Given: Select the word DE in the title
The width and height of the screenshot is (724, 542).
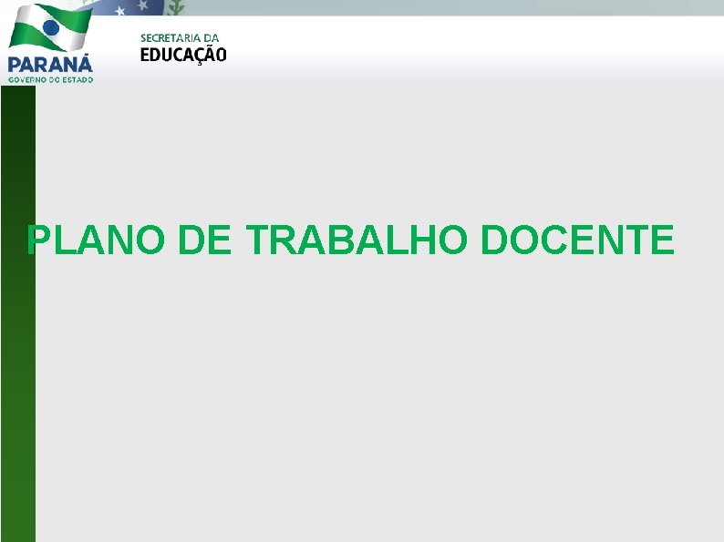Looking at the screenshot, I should click(x=207, y=240).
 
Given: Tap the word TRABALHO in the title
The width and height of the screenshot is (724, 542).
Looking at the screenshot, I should click(x=357, y=240).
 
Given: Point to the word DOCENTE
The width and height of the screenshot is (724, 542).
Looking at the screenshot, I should click(x=576, y=240).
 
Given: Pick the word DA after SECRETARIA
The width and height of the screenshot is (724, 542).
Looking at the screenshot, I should click(x=211, y=37).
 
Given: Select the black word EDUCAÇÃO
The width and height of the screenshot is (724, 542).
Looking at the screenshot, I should click(x=183, y=55).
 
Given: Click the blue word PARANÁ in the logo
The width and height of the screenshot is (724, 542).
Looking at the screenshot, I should click(x=50, y=64).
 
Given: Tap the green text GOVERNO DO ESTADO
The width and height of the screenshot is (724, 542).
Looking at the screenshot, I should click(x=50, y=79).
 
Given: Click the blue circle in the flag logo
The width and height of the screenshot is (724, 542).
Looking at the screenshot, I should click(x=51, y=28).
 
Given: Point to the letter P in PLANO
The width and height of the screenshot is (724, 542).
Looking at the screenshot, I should click(x=39, y=240).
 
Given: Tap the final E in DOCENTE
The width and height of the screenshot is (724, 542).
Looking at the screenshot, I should click(x=660, y=240).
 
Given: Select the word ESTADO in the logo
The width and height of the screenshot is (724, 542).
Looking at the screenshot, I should click(x=78, y=79).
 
